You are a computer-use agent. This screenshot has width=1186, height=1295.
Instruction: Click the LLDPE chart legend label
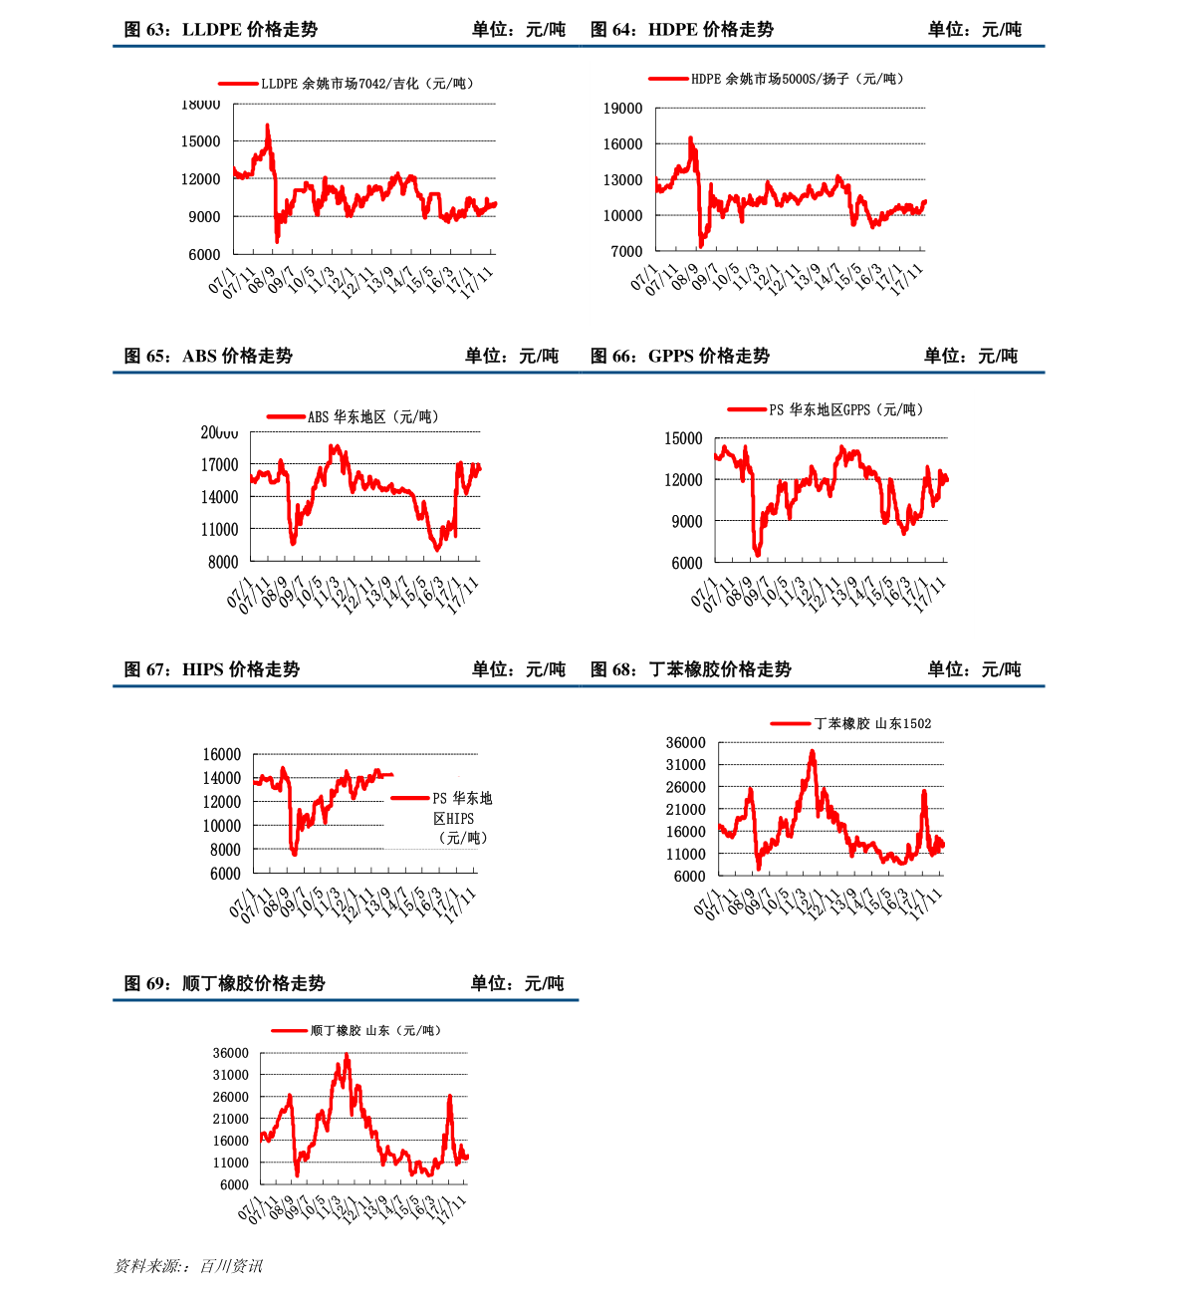click(x=366, y=84)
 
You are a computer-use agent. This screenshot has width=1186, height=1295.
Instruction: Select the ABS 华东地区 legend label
click(x=372, y=416)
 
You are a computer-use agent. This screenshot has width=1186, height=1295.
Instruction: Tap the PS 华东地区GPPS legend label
click(x=845, y=409)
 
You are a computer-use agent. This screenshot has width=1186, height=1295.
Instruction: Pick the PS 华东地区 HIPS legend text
click(x=462, y=818)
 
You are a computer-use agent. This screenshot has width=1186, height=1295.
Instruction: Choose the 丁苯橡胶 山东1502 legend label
click(x=872, y=723)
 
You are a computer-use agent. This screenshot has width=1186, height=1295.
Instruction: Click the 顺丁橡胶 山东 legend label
click(x=374, y=1030)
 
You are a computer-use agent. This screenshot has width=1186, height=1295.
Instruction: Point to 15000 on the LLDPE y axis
click(x=200, y=141)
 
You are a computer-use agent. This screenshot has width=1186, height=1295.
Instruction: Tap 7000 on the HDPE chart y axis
click(x=626, y=252)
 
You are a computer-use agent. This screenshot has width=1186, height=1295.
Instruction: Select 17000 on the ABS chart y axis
click(x=219, y=465)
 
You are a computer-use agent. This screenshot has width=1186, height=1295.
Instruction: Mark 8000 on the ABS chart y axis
click(x=223, y=562)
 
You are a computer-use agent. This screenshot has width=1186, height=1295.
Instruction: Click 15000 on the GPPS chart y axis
click(x=683, y=438)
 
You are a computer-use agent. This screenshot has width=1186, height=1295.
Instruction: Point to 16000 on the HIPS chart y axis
click(x=222, y=755)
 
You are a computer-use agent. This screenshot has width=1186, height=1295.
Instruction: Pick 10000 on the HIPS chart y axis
click(x=222, y=826)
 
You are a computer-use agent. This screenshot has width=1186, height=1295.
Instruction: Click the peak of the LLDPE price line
click(x=267, y=126)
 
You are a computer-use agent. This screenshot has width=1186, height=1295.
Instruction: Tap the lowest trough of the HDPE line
click(x=701, y=245)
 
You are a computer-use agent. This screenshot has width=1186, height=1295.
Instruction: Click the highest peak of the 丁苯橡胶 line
click(x=813, y=751)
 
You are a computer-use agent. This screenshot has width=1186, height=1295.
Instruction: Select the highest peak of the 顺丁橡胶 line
click(x=347, y=1054)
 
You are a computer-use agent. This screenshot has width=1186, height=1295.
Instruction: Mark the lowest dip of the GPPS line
click(x=758, y=554)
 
